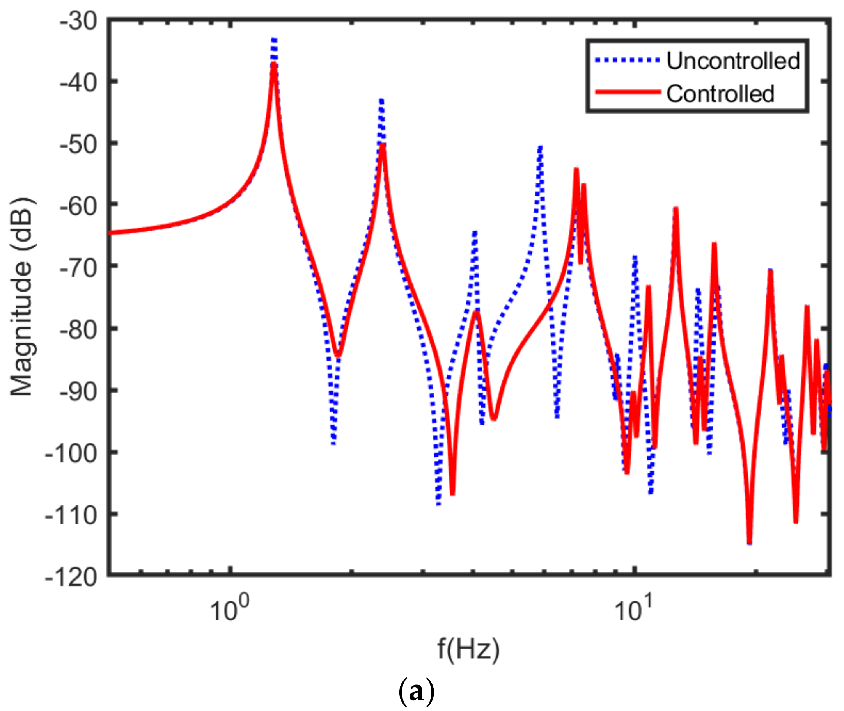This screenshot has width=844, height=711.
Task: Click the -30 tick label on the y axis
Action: (x=78, y=21)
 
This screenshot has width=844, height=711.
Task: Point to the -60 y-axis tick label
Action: (x=78, y=206)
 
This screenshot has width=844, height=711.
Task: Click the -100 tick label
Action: (x=71, y=454)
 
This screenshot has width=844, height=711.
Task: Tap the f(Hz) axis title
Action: (x=468, y=649)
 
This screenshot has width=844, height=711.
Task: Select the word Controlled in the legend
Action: (x=720, y=94)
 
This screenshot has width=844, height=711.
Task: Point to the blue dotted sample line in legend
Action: (x=628, y=60)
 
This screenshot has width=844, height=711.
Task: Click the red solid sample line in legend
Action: (x=628, y=92)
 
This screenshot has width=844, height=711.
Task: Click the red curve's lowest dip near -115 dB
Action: (x=749, y=542)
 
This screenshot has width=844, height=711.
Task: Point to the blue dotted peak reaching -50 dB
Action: (x=540, y=148)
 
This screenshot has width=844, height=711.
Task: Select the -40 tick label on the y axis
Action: (x=78, y=83)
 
